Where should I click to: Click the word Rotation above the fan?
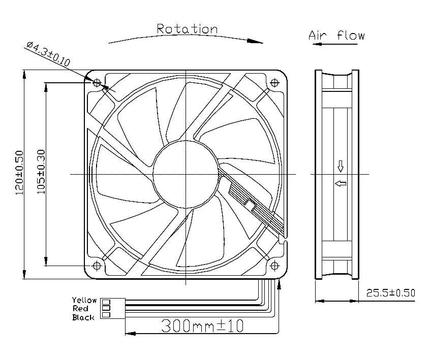[x=187, y=29]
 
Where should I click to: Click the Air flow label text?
[x=337, y=36]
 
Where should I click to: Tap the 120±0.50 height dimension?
[x=19, y=173]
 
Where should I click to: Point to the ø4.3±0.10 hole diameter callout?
[x=48, y=55]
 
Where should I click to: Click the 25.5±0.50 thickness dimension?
[x=390, y=293]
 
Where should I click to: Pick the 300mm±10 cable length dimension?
[x=202, y=325]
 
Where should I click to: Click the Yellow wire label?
[x=84, y=300]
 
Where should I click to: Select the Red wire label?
[x=81, y=309]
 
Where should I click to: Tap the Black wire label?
[x=83, y=317]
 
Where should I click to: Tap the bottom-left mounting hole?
[x=97, y=266]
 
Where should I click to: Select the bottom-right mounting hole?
[x=274, y=266]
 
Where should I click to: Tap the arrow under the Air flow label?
[x=333, y=45]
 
